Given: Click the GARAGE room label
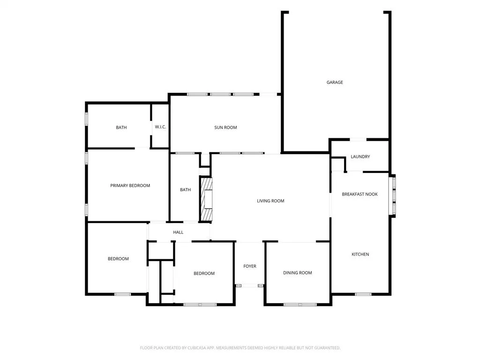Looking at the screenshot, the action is [x=335, y=82].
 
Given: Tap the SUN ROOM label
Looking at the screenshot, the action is [x=225, y=127].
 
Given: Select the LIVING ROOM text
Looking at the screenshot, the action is [x=270, y=201].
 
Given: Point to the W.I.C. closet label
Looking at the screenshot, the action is [x=160, y=127].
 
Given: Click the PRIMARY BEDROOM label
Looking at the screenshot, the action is [x=130, y=186].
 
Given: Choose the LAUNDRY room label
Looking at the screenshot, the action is [x=360, y=157].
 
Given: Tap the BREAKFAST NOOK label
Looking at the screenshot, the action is [x=360, y=194].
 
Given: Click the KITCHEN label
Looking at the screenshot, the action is [x=360, y=254].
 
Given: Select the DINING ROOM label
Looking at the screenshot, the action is [x=298, y=273].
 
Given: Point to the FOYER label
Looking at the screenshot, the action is [x=250, y=266].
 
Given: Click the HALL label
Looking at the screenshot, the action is [x=178, y=232].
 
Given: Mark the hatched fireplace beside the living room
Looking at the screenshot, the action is [x=206, y=199].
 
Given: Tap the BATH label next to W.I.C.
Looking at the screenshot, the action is [x=121, y=127].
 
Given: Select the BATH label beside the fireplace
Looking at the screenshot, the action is [x=186, y=190].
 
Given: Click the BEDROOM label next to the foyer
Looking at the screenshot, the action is [x=204, y=273].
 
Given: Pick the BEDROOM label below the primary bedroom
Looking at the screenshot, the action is [x=118, y=259].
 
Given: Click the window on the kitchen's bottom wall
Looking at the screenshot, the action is [x=363, y=294].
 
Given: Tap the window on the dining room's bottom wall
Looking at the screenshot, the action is [x=300, y=305].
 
